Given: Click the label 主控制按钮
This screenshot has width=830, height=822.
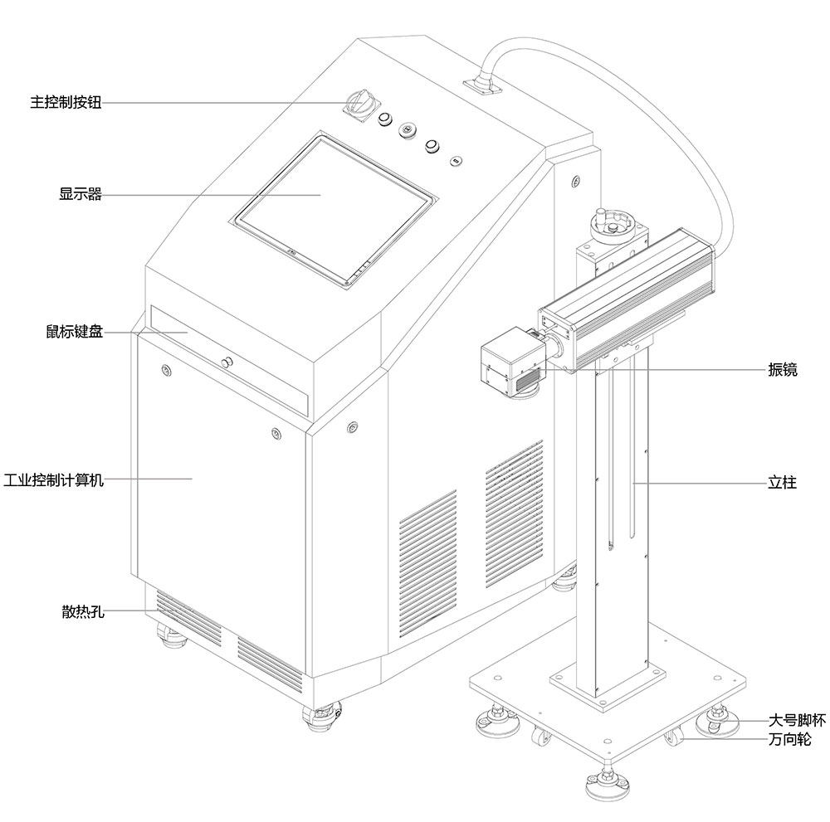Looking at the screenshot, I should pos(66,104).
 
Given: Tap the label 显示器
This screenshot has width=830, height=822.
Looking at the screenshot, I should pos(80,195).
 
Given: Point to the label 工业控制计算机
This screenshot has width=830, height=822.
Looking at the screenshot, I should pos(54,480).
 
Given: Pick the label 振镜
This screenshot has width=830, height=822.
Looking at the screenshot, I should pos(782,370).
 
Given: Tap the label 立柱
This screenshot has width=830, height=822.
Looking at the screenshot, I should pos(782,482).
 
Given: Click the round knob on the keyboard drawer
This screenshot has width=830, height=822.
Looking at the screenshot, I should pos(226,362).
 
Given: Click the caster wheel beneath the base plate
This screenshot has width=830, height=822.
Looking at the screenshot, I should pos(673,735).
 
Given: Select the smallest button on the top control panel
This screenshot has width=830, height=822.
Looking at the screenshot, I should pos(456,159).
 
